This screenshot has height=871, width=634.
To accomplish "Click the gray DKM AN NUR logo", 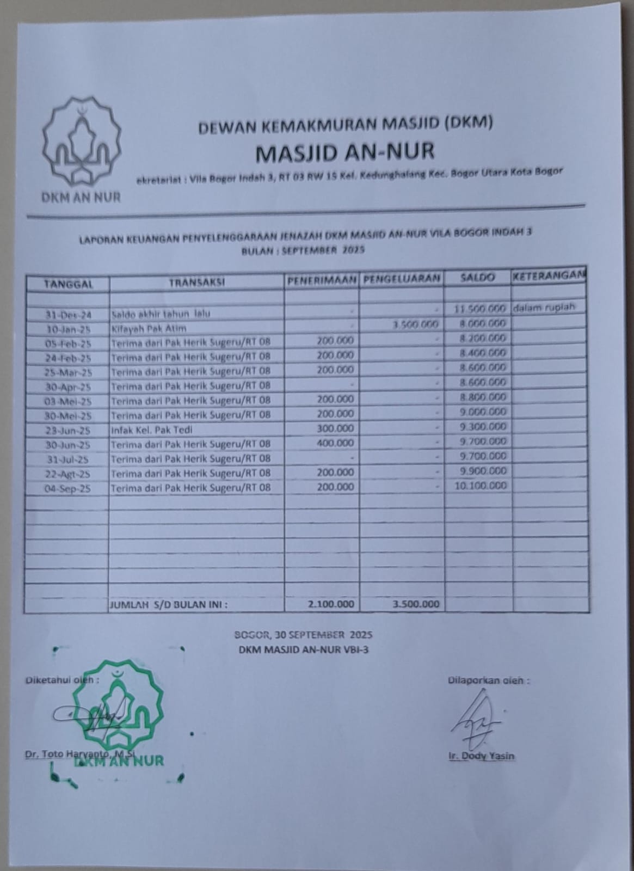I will pyautogui.click(x=82, y=144).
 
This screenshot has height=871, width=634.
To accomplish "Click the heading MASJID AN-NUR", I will pyautogui.click(x=345, y=152).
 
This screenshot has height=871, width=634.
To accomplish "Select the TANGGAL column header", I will pyautogui.click(x=68, y=283).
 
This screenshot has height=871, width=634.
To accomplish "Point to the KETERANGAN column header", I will pyautogui.click(x=549, y=275).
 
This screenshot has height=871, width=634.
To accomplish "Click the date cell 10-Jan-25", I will pyautogui.click(x=68, y=329).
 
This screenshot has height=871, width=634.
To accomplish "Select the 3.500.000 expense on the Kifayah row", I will pyautogui.click(x=415, y=324).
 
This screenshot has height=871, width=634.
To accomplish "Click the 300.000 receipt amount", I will pyautogui.click(x=335, y=428).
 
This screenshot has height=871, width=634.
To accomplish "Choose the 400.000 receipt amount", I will pyautogui.click(x=335, y=443).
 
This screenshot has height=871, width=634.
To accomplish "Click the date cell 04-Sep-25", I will pyautogui.click(x=67, y=489).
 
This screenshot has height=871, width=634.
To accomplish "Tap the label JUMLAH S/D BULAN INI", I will pyautogui.click(x=169, y=604).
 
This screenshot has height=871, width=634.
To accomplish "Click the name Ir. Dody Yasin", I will pyautogui.click(x=482, y=756).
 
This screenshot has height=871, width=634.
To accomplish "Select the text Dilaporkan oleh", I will pyautogui.click(x=488, y=680).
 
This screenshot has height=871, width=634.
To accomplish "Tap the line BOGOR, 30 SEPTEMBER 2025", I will pyautogui.click(x=303, y=635).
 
